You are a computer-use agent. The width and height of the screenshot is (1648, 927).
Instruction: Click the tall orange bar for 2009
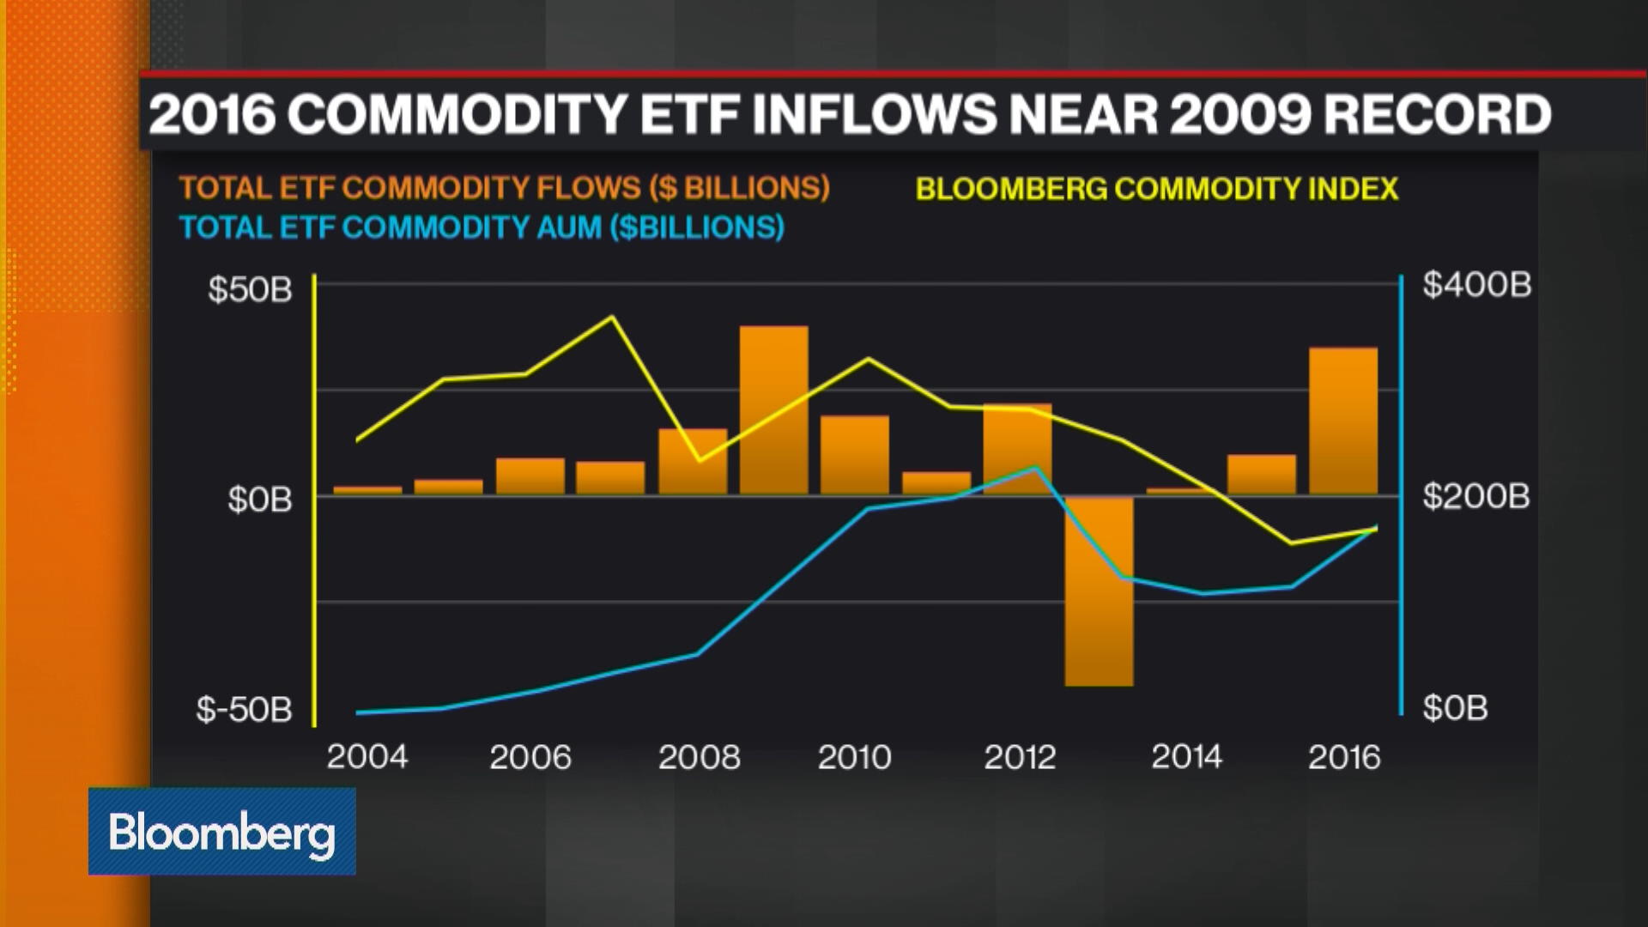click(x=773, y=410)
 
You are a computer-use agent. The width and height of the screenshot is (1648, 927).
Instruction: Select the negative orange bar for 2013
click(x=1099, y=591)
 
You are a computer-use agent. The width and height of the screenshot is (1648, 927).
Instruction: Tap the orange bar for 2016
click(x=1343, y=421)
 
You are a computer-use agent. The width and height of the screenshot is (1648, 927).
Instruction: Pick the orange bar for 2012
click(x=1017, y=449)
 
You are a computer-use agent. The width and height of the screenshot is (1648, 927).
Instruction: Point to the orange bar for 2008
click(x=693, y=462)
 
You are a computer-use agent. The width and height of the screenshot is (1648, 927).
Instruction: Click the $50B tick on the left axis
click(x=250, y=289)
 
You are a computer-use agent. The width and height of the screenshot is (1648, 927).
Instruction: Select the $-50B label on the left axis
click(x=244, y=710)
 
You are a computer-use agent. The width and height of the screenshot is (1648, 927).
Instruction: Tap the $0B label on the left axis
click(x=259, y=499)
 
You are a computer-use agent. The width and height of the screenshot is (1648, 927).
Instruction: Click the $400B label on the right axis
click(x=1476, y=284)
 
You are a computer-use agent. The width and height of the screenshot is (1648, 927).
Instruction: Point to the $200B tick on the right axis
click(x=1476, y=496)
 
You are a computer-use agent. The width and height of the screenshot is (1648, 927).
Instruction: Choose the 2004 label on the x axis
click(x=367, y=757)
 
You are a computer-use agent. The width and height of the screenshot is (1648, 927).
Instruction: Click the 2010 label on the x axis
click(x=854, y=757)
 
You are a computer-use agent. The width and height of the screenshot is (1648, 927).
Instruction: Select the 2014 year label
click(x=1186, y=757)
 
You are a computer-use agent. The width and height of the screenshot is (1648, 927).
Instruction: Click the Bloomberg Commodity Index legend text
click(x=1157, y=189)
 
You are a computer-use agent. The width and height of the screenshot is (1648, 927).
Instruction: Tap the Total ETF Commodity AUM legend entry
click(x=482, y=227)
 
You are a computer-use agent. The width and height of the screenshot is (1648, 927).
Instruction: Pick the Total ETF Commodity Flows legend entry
click(x=504, y=188)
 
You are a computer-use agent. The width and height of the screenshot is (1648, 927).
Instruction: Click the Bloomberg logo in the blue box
click(x=222, y=832)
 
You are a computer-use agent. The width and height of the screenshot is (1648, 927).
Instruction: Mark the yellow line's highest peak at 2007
click(x=612, y=317)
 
